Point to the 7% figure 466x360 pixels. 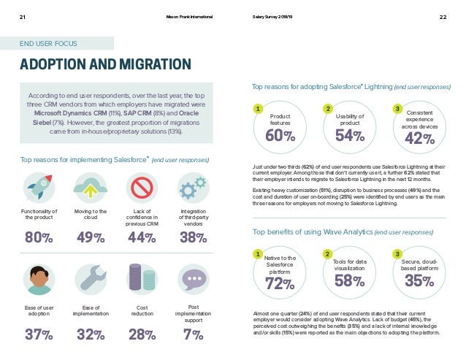(x=193, y=334)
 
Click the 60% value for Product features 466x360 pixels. (x=280, y=136)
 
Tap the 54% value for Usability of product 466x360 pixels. (x=349, y=136)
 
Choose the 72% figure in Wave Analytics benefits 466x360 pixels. (x=280, y=283)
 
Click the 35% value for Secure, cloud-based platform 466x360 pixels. (x=420, y=282)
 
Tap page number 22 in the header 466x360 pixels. (x=443, y=17)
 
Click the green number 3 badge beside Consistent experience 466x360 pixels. (x=397, y=110)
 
